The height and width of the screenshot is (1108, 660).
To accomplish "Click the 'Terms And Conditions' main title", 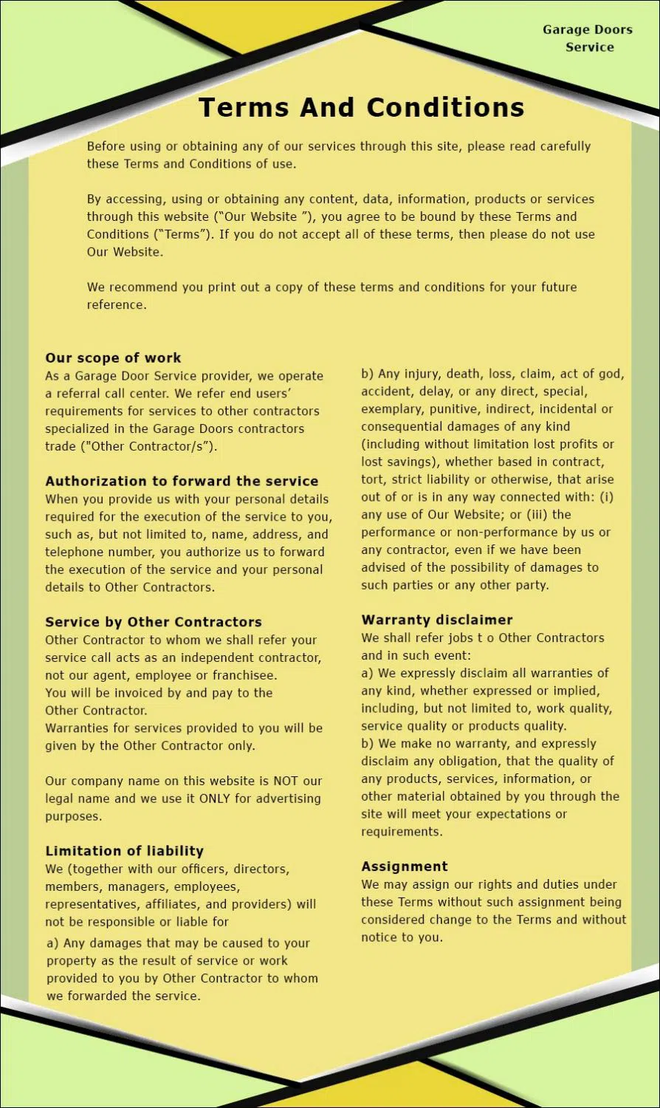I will pyautogui.click(x=361, y=108).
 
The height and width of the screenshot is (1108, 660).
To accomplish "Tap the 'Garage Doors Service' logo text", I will pyautogui.click(x=588, y=38).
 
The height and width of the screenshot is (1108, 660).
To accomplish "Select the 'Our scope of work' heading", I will pyautogui.click(x=113, y=358).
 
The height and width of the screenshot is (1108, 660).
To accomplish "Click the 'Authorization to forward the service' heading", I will pyautogui.click(x=182, y=482).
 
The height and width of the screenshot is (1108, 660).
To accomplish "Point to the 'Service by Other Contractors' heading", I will pyautogui.click(x=154, y=622).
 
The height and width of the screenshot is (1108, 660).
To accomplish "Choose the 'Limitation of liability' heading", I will pyautogui.click(x=124, y=851).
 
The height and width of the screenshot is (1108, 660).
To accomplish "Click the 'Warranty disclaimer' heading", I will pyautogui.click(x=436, y=620).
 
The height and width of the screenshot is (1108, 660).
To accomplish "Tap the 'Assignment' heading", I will pyautogui.click(x=405, y=866).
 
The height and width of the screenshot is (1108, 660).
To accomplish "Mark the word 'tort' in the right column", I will pyautogui.click(x=373, y=479).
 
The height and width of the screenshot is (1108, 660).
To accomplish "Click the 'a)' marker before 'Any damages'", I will pyautogui.click(x=52, y=943).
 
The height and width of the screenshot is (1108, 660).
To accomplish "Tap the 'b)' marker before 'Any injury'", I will pyautogui.click(x=368, y=374).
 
